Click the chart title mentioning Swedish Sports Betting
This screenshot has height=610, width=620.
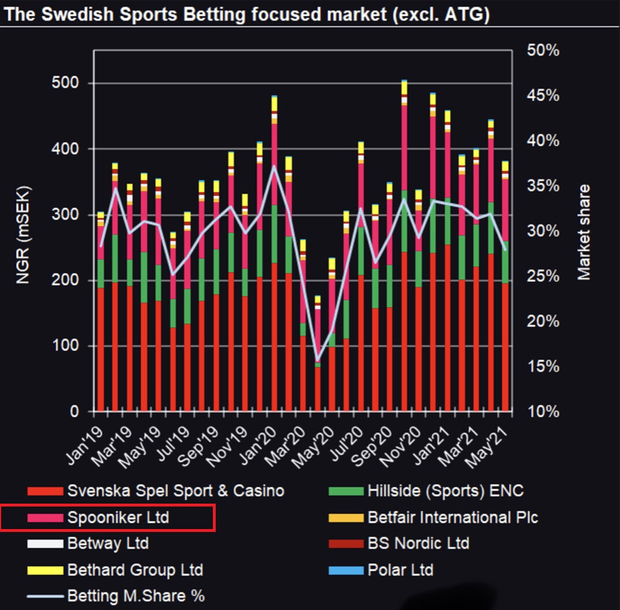[246, 14]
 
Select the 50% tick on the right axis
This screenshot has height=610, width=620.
[543, 51]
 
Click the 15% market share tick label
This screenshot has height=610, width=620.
[543, 367]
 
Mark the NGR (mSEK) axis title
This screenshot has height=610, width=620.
[23, 235]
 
